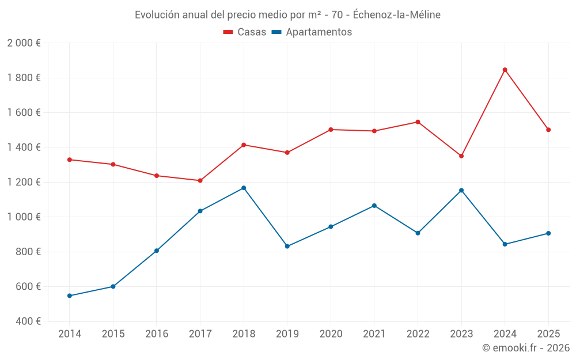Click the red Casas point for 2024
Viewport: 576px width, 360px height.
tap(505, 70)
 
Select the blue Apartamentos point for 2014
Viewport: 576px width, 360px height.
tap(70, 295)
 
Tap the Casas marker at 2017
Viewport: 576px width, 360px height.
tap(200, 180)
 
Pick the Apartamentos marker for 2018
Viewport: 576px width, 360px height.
tap(244, 188)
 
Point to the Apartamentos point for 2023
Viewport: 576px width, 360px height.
tap(461, 190)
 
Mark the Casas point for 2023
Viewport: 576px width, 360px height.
tap(461, 156)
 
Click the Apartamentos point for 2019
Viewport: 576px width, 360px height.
tap(287, 246)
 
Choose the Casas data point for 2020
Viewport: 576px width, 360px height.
tap(331, 130)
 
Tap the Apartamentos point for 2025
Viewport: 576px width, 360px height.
tap(548, 233)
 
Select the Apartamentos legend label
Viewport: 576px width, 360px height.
tap(319, 32)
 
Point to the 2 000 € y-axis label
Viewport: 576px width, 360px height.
tap(24, 43)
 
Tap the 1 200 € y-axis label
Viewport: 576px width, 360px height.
tap(24, 182)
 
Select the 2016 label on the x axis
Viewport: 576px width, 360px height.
tap(157, 334)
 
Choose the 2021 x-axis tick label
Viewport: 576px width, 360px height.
tap(374, 334)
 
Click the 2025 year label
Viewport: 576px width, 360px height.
tap(548, 334)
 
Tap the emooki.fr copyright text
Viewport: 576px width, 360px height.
tap(525, 347)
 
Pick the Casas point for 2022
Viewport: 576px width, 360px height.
tap(418, 122)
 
